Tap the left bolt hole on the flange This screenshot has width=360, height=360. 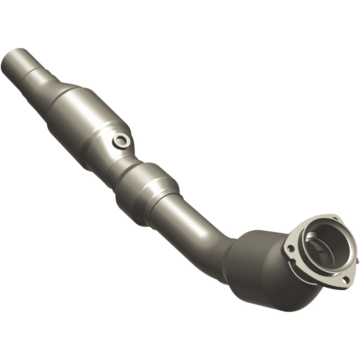point(290,247)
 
